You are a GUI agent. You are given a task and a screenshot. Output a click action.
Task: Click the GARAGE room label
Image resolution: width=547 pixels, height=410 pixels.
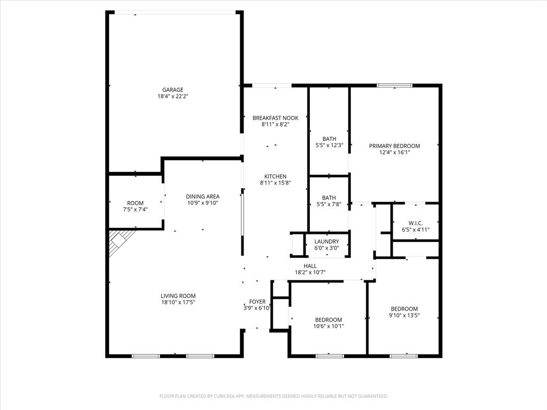coord(173,90)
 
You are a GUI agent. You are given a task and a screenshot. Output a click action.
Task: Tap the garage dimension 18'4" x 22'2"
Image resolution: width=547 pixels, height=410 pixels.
coord(173,97)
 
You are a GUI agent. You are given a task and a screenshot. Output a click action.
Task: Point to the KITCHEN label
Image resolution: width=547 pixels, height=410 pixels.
coord(275,176)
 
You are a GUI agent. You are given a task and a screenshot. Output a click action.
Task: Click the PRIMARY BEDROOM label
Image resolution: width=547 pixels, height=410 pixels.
coord(395,146)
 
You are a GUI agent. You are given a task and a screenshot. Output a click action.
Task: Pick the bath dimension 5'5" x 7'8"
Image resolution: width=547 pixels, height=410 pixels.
coord(329,204)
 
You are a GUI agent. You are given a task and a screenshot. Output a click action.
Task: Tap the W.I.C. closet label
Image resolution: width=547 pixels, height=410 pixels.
coord(416,223)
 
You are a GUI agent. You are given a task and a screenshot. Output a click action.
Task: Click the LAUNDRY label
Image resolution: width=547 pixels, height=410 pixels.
coord(326,241)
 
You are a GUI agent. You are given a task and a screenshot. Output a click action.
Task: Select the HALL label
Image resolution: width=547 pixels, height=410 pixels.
coord(310,265)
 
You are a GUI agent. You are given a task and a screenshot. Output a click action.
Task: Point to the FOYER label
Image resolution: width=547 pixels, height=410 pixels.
coord(257,302)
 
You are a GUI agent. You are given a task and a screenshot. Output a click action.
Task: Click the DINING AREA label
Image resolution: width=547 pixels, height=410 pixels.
coord(202,196)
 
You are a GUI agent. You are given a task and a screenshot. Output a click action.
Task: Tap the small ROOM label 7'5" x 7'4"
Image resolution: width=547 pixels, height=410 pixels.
coord(135,203)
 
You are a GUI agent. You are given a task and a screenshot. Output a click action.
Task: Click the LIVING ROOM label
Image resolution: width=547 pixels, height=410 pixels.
coord(178,296)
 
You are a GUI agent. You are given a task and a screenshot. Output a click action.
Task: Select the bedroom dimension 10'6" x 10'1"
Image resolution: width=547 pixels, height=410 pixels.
coord(329,326)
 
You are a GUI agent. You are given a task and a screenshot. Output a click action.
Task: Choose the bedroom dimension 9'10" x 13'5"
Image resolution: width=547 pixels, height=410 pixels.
coord(404,316)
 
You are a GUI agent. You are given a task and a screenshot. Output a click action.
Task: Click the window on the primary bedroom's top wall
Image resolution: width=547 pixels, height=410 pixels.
coord(395,85)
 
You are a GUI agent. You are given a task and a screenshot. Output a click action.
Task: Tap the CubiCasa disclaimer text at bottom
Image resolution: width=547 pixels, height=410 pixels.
coord(273,396)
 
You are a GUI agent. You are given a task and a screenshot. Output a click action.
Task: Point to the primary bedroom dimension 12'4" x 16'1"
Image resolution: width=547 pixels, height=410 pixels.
coord(395,152)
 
